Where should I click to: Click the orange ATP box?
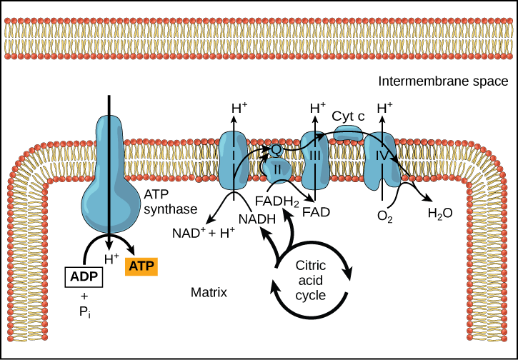point(141,266)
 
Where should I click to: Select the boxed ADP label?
point(84,275)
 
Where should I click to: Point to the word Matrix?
point(209,293)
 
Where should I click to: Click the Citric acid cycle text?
point(311,279)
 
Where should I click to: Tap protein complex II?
point(279,169)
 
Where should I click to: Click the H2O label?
point(440,213)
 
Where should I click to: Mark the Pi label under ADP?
point(84,312)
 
